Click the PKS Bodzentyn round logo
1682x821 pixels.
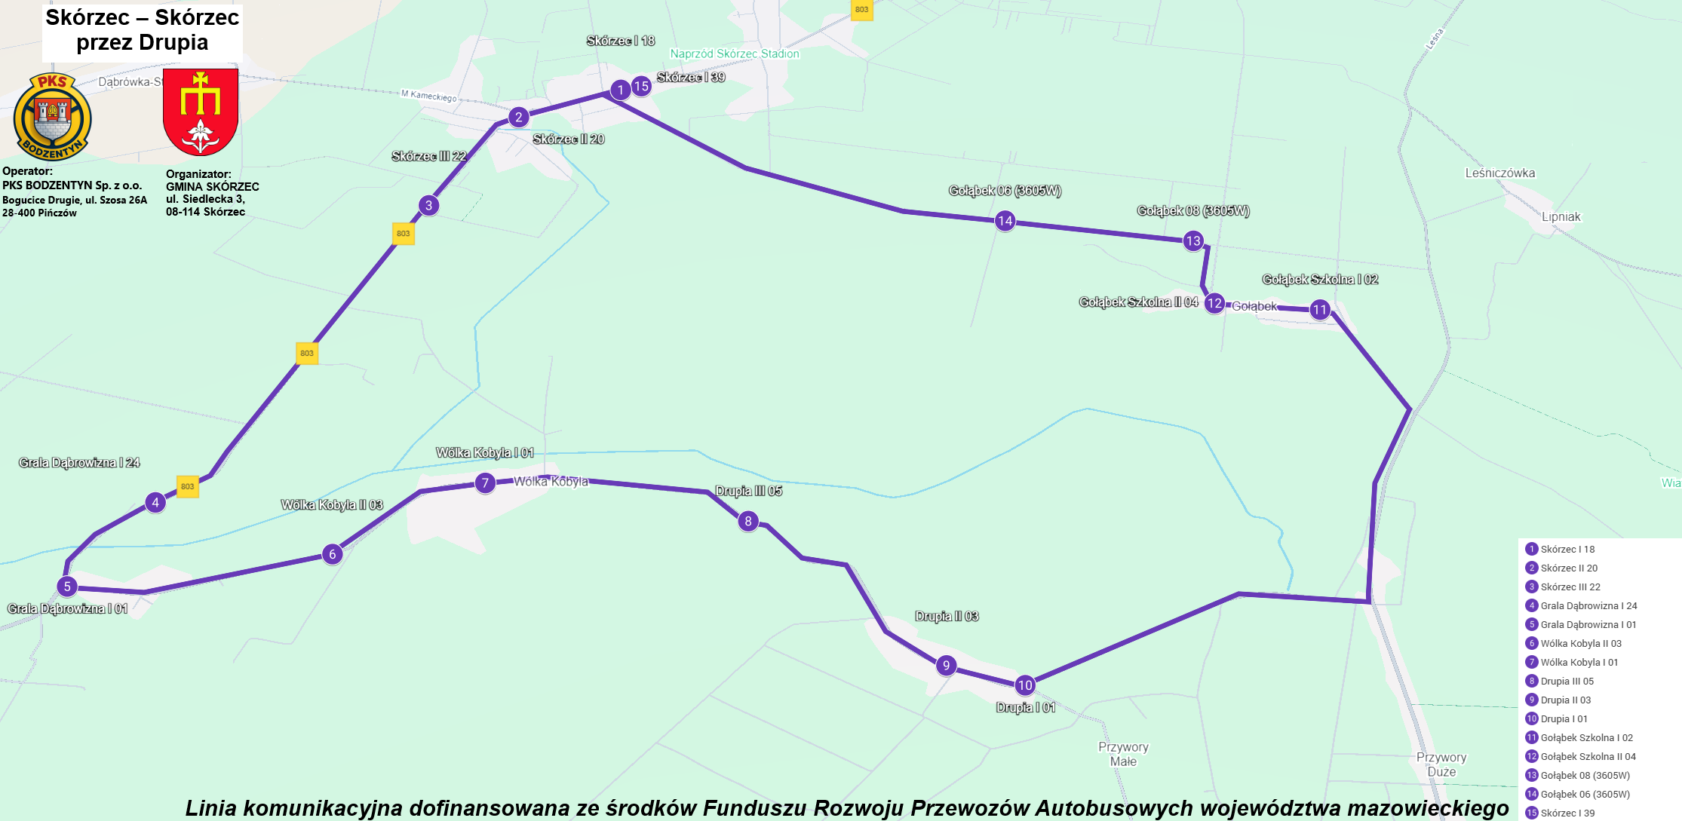[x=52, y=117]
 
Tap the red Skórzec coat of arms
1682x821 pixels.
[x=201, y=112]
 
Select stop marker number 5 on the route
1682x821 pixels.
[x=67, y=586]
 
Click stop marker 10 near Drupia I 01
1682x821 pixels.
[x=1024, y=685]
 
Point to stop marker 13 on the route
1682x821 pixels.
[x=1192, y=241]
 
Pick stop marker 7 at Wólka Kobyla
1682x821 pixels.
[x=485, y=482]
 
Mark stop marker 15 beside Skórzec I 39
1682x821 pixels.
[x=641, y=86]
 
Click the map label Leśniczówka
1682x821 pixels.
[x=1499, y=173]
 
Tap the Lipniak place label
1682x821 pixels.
[x=1561, y=217]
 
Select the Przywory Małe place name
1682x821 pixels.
[x=1123, y=754]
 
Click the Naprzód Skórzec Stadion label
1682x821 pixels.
[x=734, y=54]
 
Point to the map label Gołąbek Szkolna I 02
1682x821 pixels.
[x=1320, y=280]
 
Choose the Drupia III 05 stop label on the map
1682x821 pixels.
[x=748, y=492]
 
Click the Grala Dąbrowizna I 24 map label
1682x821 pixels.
[x=79, y=463]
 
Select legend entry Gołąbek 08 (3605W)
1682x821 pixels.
[x=1585, y=775]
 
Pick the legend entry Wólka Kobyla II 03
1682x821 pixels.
[x=1580, y=643]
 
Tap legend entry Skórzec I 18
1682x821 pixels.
[x=1567, y=549]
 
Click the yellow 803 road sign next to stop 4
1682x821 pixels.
[x=187, y=486]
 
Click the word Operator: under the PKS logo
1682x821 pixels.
[x=27, y=171]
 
